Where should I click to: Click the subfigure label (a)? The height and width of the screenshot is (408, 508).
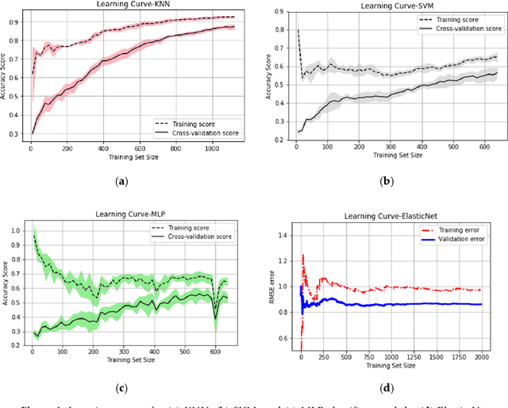(x=121, y=183)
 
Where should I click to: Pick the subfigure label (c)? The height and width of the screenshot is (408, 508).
(x=121, y=387)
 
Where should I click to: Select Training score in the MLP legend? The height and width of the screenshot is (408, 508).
(x=193, y=226)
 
